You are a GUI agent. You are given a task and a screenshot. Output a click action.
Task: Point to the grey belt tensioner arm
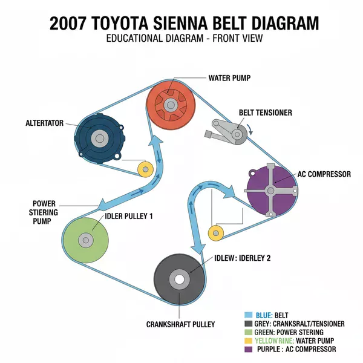tap(227, 130)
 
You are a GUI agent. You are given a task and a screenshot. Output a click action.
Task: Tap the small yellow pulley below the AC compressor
tap(216, 232)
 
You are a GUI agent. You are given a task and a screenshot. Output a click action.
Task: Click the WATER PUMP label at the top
tap(229, 78)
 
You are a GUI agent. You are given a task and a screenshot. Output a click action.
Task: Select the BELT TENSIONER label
tap(266, 113)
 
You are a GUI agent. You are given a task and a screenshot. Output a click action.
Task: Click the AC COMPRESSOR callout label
tap(324, 174)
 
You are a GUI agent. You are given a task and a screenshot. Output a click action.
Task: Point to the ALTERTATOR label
tap(44, 123)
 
